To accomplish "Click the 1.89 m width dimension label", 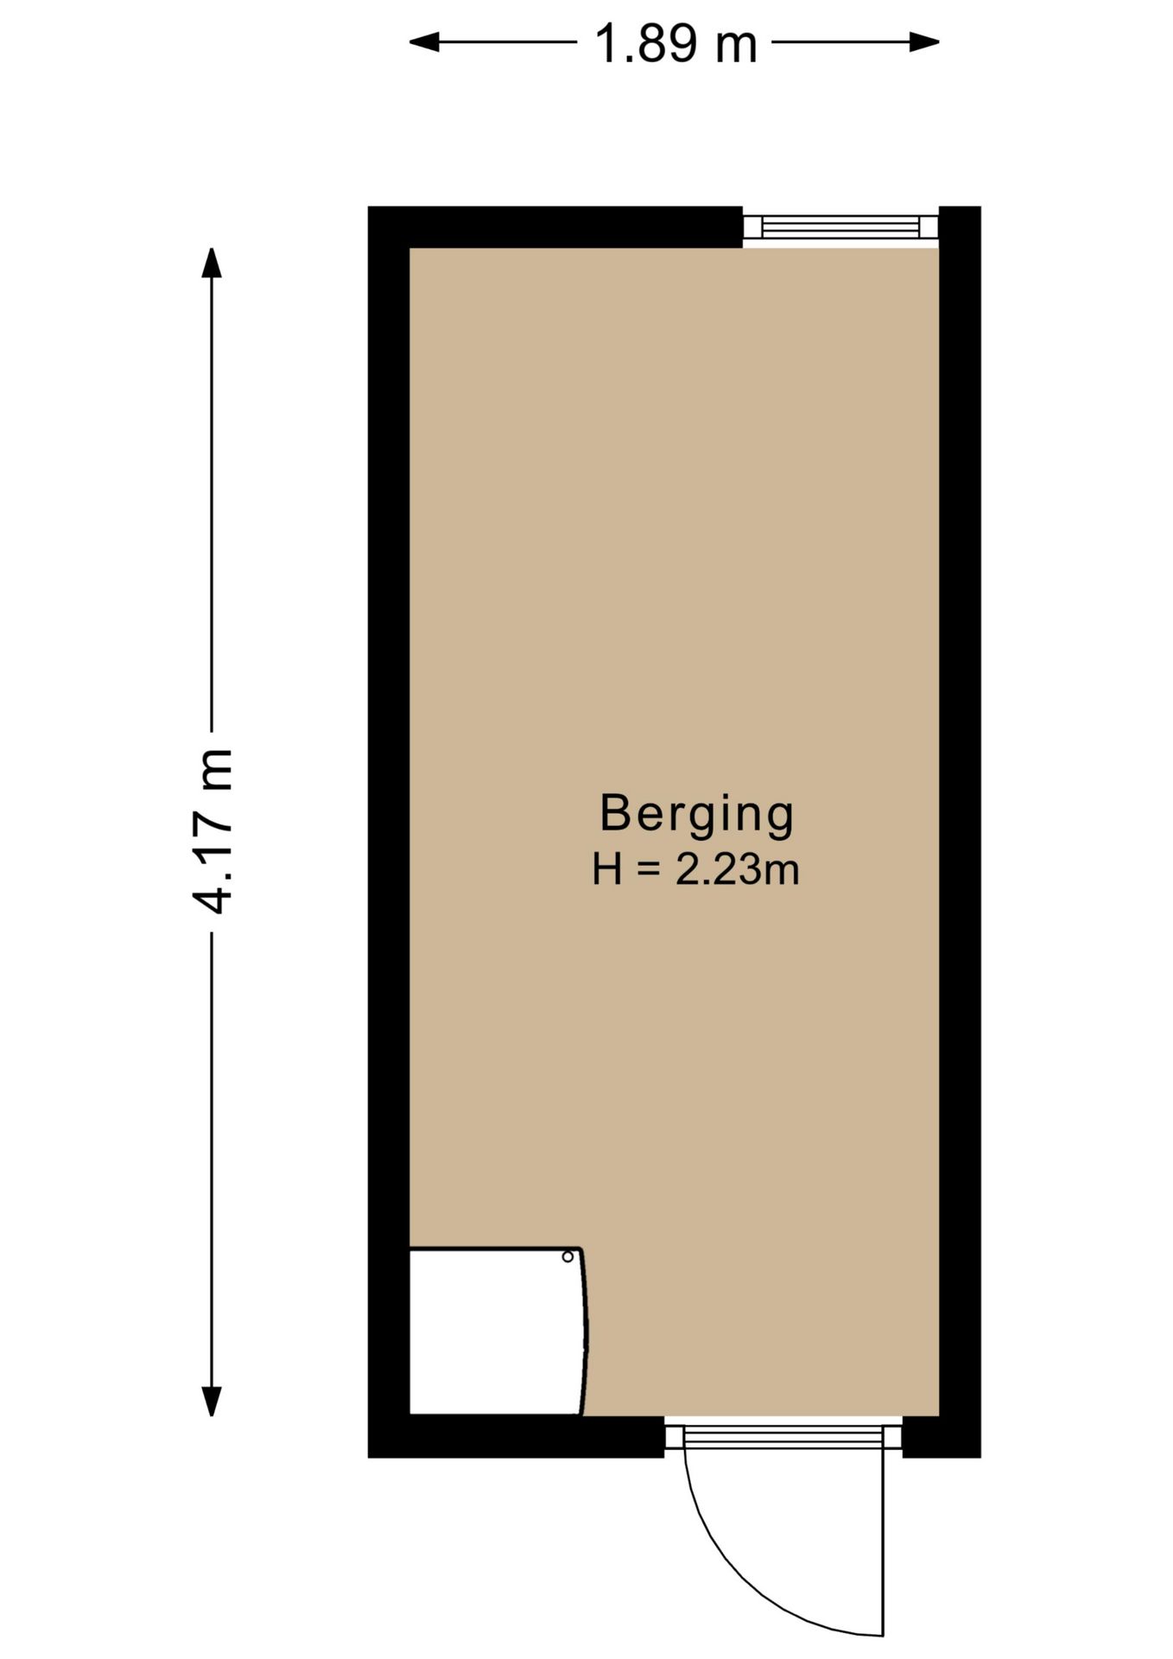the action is pyautogui.click(x=675, y=44).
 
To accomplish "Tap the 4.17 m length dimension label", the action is pyautogui.click(x=212, y=830).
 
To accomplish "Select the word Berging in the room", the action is pyautogui.click(x=696, y=815).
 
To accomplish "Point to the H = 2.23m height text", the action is pyautogui.click(x=695, y=869).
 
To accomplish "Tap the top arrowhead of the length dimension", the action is pyautogui.click(x=212, y=263).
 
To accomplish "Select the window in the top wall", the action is pyautogui.click(x=840, y=227).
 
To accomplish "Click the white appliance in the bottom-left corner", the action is pyautogui.click(x=498, y=1332).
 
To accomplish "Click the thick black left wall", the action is pyautogui.click(x=389, y=832).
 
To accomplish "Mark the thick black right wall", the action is pyautogui.click(x=960, y=832).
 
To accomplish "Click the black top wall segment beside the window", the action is pyautogui.click(x=555, y=227).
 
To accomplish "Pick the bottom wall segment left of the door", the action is pyautogui.click(x=517, y=1437).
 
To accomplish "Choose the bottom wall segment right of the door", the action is pyautogui.click(x=942, y=1437).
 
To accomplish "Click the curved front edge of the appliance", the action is pyautogui.click(x=585, y=1332).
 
